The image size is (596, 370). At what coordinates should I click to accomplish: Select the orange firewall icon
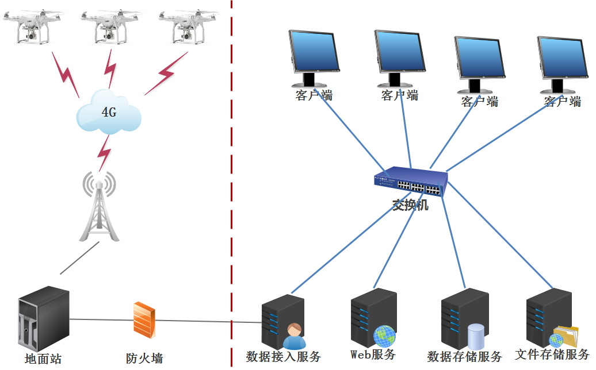click(x=144, y=319)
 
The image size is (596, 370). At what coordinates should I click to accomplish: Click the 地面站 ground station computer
click(x=43, y=319)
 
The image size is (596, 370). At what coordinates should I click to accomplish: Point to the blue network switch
click(x=410, y=182)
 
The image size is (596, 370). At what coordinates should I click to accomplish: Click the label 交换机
click(x=410, y=205)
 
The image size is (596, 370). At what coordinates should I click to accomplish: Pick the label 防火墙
click(x=144, y=359)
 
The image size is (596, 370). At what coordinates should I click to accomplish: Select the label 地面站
click(x=43, y=360)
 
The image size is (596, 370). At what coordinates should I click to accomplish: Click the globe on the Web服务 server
click(x=384, y=336)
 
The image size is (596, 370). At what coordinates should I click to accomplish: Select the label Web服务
click(x=373, y=354)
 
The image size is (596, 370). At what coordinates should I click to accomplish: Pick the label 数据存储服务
click(x=465, y=357)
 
